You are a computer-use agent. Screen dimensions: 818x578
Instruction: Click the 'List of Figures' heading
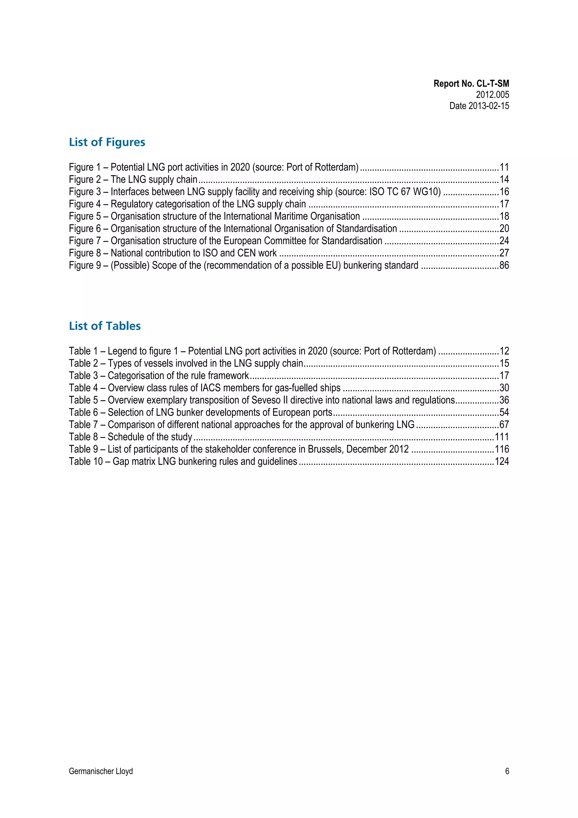click(x=107, y=142)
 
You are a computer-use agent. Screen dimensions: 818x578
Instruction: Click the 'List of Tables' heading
click(x=105, y=326)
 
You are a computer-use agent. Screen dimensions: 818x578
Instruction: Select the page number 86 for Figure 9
click(x=504, y=265)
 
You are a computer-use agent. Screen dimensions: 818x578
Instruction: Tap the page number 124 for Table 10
click(x=502, y=461)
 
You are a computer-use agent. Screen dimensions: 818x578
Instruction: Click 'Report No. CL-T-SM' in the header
click(x=471, y=84)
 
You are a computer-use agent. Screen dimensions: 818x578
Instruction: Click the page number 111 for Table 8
click(x=502, y=437)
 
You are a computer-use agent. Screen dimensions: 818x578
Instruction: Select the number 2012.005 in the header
click(x=492, y=95)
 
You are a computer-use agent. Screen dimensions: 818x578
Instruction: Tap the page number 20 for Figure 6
click(x=504, y=228)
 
